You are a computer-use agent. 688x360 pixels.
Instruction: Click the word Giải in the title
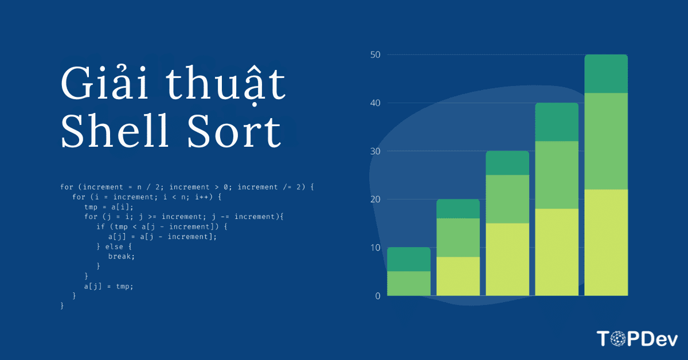pyautogui.click(x=105, y=83)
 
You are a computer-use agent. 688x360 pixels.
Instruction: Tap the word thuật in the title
pyautogui.click(x=226, y=84)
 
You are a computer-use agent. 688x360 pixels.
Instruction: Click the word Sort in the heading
pyautogui.click(x=234, y=131)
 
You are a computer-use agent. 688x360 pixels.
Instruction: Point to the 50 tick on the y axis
pyautogui.click(x=376, y=54)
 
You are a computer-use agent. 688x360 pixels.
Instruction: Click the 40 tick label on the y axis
pyautogui.click(x=376, y=103)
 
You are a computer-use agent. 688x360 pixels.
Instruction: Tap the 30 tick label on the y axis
pyautogui.click(x=376, y=151)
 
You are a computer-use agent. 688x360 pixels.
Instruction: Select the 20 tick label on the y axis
pyautogui.click(x=376, y=199)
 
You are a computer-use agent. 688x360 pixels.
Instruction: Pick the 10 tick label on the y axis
pyautogui.click(x=376, y=248)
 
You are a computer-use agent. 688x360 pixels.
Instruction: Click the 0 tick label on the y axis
pyautogui.click(x=378, y=296)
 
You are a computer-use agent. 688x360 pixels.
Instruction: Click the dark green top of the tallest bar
pyautogui.click(x=606, y=74)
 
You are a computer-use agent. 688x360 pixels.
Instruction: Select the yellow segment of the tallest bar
pyautogui.click(x=606, y=242)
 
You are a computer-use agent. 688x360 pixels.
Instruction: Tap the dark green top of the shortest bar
pyautogui.click(x=409, y=259)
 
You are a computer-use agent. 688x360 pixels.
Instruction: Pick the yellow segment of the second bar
pyautogui.click(x=458, y=276)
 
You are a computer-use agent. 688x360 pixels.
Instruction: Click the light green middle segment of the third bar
pyautogui.click(x=507, y=199)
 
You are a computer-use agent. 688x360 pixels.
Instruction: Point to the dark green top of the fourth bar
pyautogui.click(x=557, y=122)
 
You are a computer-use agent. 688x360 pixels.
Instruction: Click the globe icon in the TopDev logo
pyautogui.click(x=617, y=339)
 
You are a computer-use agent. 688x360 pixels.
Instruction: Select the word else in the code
pyautogui.click(x=114, y=246)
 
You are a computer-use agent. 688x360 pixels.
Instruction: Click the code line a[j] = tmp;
pyautogui.click(x=109, y=287)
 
